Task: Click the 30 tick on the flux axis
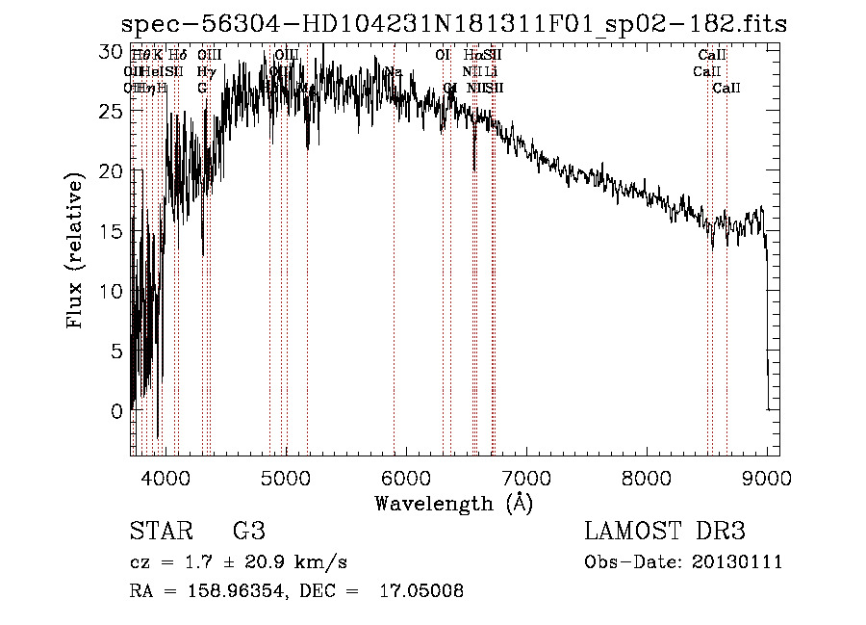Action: point(114,51)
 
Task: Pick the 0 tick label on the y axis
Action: point(118,411)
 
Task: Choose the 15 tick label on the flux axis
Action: point(114,231)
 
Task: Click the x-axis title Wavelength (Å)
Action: point(452,503)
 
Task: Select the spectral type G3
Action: point(248,532)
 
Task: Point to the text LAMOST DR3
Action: point(664,532)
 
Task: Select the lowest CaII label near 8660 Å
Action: point(726,89)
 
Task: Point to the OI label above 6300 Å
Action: point(443,56)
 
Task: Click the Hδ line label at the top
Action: point(177,56)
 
